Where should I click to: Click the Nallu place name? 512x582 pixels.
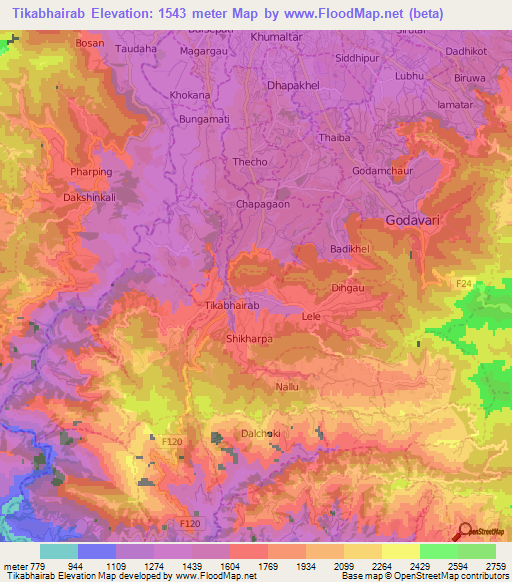287,384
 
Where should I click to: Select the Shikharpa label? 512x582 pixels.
250,339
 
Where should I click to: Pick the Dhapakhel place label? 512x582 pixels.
292,85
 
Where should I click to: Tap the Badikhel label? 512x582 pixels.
350,248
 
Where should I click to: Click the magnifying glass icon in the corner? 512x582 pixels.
463,529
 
